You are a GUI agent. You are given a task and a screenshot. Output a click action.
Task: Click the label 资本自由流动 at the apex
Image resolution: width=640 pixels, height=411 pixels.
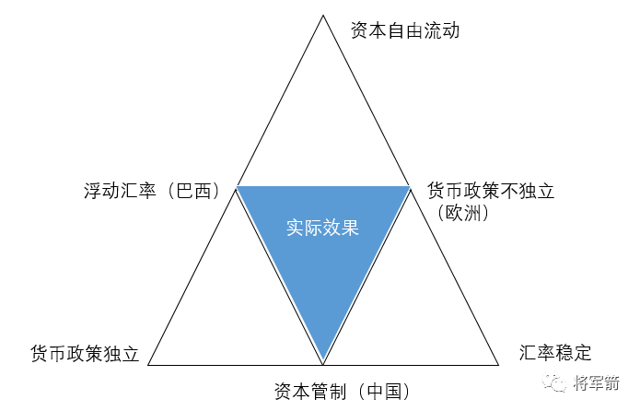(404, 30)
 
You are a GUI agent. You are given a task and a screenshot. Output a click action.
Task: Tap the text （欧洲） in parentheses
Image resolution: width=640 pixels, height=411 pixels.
(463, 213)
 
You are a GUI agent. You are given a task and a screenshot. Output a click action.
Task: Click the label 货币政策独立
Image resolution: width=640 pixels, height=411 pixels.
(85, 353)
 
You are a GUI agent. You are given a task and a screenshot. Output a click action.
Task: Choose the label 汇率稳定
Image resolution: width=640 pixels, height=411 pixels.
(554, 352)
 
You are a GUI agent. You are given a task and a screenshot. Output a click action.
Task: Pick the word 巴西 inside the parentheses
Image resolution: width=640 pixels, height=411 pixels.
(194, 193)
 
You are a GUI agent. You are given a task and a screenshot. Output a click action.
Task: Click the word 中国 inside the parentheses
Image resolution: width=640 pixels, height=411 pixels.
(384, 391)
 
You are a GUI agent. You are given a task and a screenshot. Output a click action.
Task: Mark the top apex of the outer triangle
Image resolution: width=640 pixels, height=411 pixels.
(323, 16)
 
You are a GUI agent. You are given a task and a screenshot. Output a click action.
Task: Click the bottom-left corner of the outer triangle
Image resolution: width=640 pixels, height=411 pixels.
(148, 365)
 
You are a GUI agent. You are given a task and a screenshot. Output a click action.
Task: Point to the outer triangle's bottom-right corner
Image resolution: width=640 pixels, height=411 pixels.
(498, 365)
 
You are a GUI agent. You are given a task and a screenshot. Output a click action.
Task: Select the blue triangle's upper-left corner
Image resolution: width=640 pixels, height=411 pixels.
(238, 187)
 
